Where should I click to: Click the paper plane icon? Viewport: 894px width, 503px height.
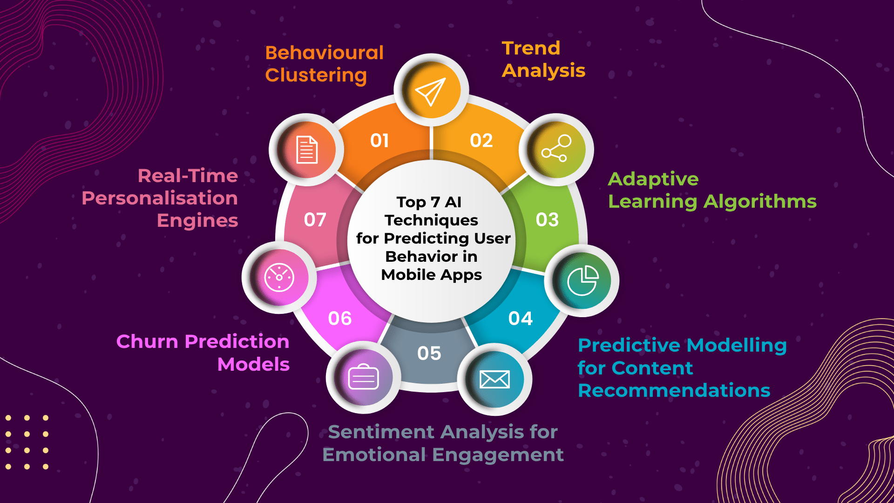coord(431,91)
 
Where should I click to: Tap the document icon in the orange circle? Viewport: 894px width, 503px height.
coord(307,150)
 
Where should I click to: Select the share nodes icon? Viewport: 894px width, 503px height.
coord(556,149)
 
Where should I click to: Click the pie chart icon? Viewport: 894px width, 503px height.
coord(582,280)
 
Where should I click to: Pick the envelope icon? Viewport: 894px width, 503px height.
coord(494,379)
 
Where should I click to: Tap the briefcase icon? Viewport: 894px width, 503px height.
coord(363,377)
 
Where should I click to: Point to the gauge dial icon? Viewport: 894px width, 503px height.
coord(279,278)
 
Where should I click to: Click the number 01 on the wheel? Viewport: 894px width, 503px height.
coord(379,141)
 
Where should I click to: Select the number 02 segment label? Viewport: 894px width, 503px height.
coord(481,141)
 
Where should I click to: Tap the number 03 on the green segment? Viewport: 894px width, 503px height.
coord(547,220)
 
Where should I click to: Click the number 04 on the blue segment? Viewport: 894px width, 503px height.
coord(520,319)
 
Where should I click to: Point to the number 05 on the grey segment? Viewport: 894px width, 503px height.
coord(429,353)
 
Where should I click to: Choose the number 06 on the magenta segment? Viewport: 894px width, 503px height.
coord(339,319)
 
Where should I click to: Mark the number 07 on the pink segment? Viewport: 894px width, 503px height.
coord(315,220)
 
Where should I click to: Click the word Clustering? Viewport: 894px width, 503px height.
coord(316,75)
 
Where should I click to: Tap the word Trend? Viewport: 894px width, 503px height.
coord(531,48)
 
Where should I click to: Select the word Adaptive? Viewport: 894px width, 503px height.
coord(653,179)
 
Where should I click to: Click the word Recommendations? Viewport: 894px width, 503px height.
coord(674,390)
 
